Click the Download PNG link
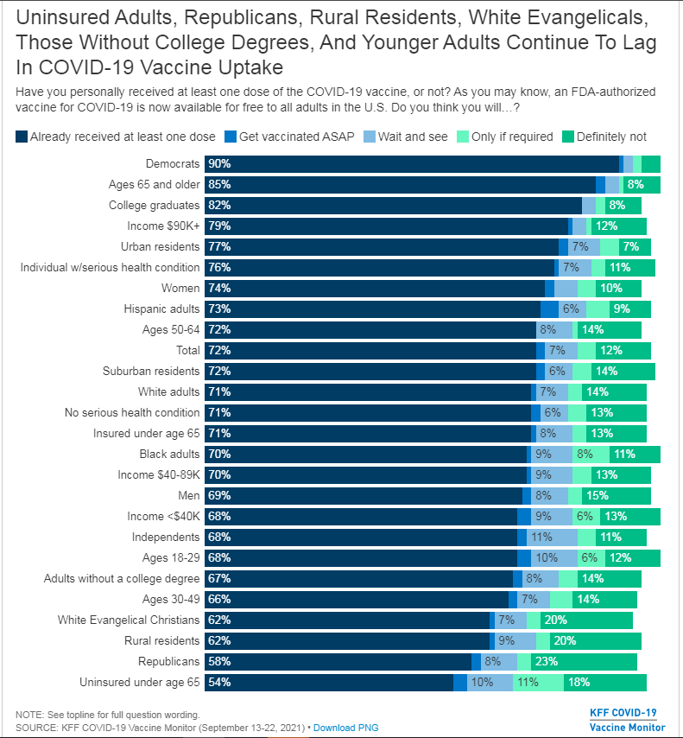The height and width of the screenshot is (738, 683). pos(345,728)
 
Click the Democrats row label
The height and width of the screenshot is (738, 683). pos(173,163)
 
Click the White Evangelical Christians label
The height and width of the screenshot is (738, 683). pos(129,620)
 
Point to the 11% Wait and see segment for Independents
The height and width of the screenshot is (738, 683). pos(542,537)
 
